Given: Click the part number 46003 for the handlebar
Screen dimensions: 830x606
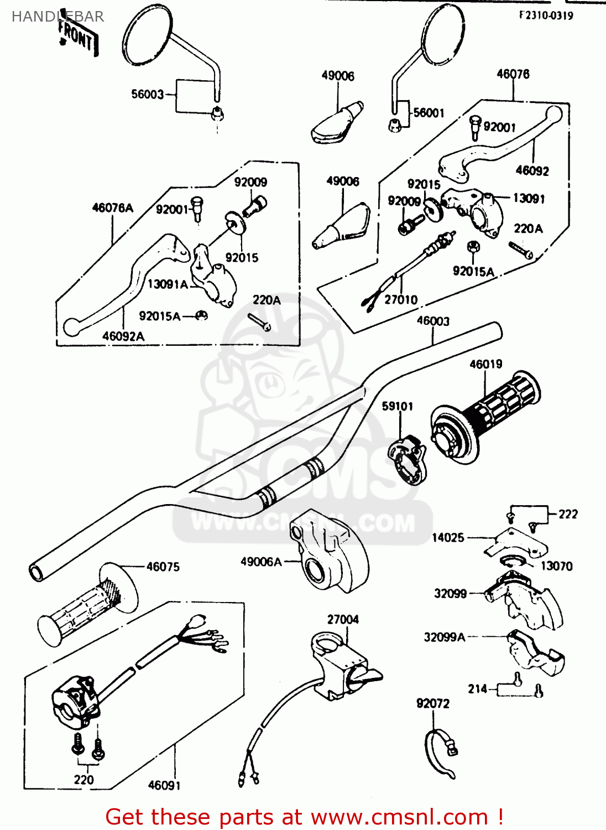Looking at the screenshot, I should (x=433, y=321).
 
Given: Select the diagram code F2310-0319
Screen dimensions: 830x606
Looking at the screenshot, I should (x=546, y=15).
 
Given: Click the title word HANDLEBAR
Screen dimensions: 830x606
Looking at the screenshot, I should (x=58, y=17).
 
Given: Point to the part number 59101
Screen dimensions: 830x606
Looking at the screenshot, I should (x=398, y=406).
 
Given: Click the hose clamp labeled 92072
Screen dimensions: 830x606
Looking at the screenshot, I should (x=441, y=753).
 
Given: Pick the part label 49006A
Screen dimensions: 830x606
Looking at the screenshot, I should (x=261, y=562).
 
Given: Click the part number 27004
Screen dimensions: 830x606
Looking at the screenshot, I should (x=343, y=619).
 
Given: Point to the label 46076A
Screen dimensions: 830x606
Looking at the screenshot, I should (x=112, y=207).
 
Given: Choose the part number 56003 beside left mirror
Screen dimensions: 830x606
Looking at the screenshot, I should (x=148, y=94).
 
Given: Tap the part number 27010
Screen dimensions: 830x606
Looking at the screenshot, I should (x=401, y=299).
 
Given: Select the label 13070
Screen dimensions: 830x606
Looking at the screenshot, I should (x=556, y=566).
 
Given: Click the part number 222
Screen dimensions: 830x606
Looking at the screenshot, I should (x=568, y=514).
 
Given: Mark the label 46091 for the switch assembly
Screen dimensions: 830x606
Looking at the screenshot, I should (x=164, y=785).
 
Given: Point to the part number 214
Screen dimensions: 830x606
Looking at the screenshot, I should (x=478, y=689).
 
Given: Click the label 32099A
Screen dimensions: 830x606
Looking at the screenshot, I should (x=445, y=637).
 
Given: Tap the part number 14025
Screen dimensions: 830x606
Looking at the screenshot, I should (x=448, y=537).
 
